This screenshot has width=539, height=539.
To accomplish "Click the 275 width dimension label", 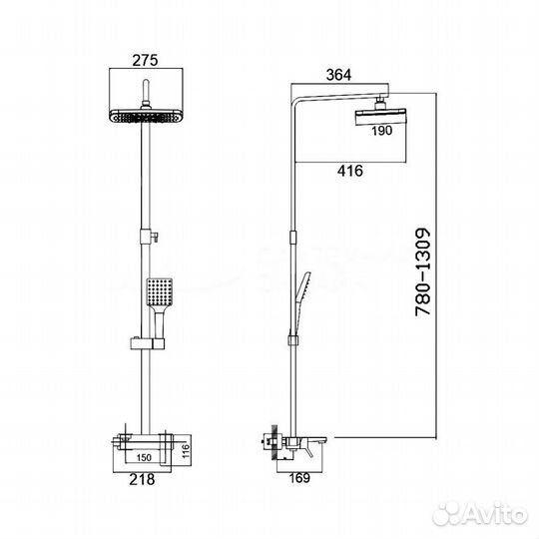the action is coord(145,60).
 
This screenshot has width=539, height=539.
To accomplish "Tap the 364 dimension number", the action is coord(338,75).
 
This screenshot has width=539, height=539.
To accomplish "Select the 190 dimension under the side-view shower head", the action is coord(381,131).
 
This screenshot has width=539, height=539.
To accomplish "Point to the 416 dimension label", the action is coord(350,171).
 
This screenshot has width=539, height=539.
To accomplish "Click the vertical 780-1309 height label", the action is coord(423,271).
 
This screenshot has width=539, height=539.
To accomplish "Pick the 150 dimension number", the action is coord(144,457).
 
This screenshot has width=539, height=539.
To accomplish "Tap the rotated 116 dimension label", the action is coord(186,452).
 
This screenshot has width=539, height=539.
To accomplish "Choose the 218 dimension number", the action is coord(142,479).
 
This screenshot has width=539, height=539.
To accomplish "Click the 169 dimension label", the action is coord(299,478).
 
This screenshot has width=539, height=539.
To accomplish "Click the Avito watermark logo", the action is coord(480,515).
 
